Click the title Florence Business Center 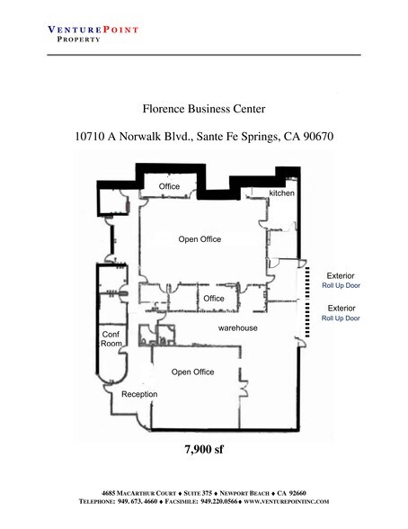point(204,109)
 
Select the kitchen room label point(281,193)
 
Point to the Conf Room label point(111,338)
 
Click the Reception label point(139,394)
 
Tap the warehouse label point(237,327)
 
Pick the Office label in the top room point(169,186)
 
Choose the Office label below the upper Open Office point(214,299)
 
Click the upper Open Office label point(200,239)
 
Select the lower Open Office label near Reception point(192,372)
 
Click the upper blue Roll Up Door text point(341,285)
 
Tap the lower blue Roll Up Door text point(341,318)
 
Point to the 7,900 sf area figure point(204,450)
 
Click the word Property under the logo point(78,40)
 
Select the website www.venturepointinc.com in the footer point(286,501)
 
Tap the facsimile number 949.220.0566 point(219,501)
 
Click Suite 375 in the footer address point(198,493)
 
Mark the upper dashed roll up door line point(307,283)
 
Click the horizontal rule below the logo point(204,55)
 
